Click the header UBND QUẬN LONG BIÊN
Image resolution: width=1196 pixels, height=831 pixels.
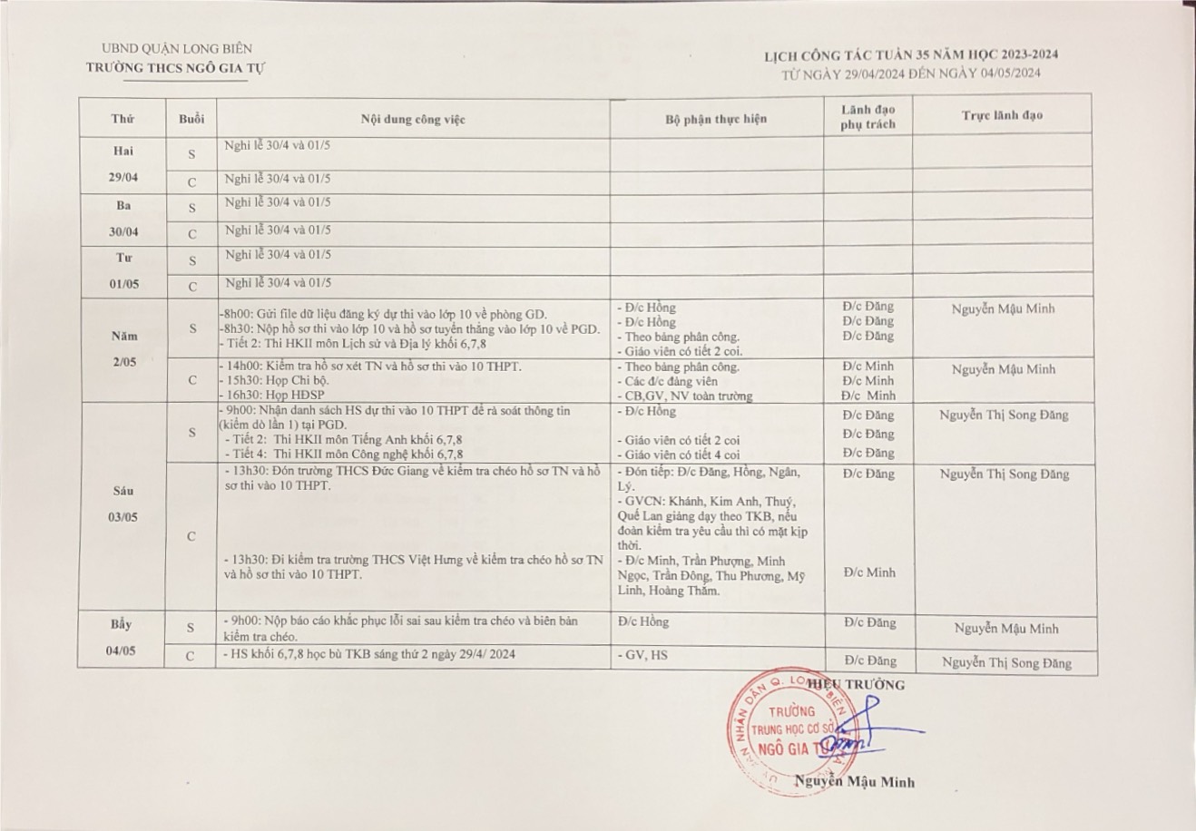[178, 49]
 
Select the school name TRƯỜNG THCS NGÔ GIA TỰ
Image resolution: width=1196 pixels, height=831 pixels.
[177, 67]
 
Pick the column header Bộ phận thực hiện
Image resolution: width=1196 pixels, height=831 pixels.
[715, 119]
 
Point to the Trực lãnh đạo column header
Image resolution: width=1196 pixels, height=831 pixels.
[1002, 116]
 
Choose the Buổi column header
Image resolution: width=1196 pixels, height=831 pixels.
[191, 119]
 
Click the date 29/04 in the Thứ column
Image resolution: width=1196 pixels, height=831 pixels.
[123, 180]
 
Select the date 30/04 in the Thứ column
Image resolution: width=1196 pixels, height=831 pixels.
[123, 232]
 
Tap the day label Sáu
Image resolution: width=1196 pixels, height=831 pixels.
[123, 492]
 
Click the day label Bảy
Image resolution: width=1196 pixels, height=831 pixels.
[123, 624]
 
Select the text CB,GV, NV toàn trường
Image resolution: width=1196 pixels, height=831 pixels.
[683, 396]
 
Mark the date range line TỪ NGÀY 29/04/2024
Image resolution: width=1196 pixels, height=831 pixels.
[910, 73]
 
